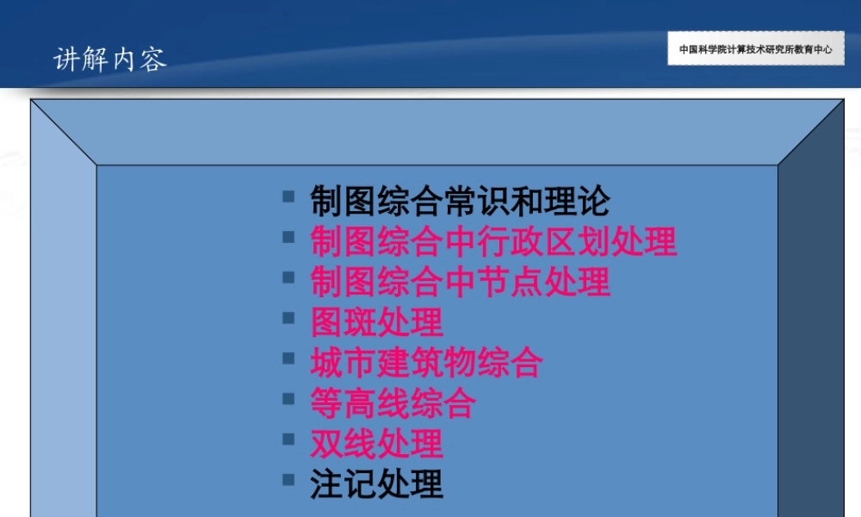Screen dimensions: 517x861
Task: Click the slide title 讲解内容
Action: [110, 59]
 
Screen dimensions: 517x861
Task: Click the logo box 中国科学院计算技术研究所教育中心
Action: [755, 49]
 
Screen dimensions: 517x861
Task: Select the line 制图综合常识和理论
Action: [460, 202]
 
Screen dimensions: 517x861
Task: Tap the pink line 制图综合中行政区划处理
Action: [493, 242]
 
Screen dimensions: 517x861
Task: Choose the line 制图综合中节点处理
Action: [460, 283]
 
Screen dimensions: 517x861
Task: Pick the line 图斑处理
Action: [376, 323]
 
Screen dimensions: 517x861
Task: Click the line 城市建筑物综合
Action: [426, 363]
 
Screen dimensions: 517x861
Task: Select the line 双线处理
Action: [376, 444]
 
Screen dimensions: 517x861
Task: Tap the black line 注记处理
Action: [376, 484]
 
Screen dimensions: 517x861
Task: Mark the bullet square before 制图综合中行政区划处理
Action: [289, 237]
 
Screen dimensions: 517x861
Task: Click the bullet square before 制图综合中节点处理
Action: [289, 277]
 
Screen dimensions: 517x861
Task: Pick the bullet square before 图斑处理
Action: [289, 318]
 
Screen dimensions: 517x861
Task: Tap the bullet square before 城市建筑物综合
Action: [289, 358]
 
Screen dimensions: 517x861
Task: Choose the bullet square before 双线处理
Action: [289, 439]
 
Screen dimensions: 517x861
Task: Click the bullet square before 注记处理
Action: [289, 479]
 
